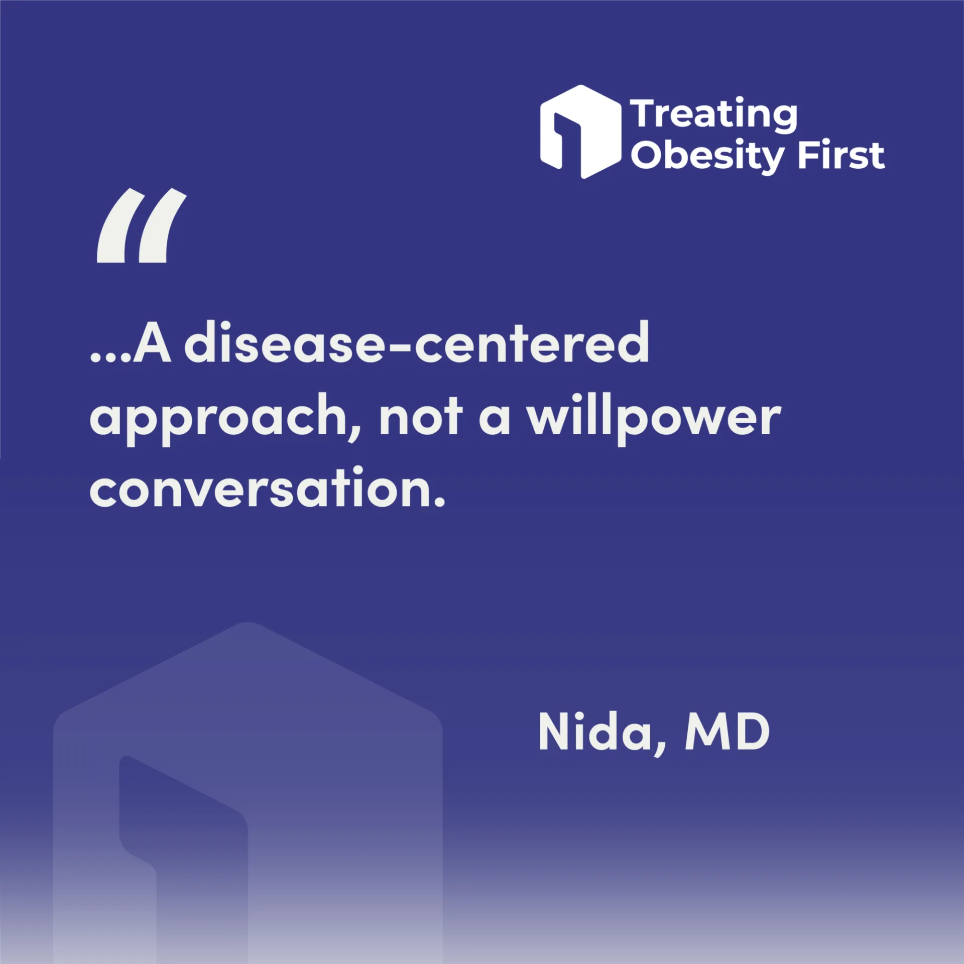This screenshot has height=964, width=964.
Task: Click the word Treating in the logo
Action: [713, 115]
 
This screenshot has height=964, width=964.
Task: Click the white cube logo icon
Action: [580, 132]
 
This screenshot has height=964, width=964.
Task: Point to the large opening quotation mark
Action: [142, 225]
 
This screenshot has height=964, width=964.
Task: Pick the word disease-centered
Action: [417, 342]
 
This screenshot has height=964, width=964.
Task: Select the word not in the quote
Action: [421, 416]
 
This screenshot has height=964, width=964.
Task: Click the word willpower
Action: [654, 419]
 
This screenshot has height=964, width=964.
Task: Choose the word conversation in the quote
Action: [260, 487]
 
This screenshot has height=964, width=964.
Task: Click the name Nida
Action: [595, 732]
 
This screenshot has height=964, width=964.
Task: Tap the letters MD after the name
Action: [728, 732]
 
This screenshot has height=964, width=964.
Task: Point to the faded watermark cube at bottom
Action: [248, 793]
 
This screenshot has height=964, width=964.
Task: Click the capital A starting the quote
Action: [152, 342]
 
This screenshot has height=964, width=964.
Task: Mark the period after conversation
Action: [439, 502]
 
